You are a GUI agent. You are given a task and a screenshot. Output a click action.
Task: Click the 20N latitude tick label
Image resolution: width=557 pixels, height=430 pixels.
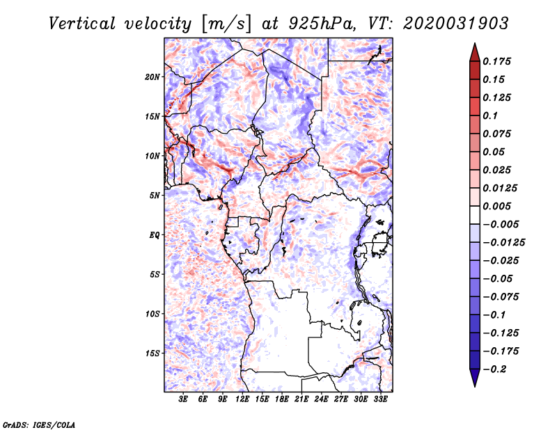coord(152,77)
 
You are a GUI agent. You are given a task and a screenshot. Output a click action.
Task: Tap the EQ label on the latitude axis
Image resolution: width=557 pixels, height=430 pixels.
coord(155,235)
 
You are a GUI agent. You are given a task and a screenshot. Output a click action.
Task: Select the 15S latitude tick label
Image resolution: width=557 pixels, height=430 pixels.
coord(152,353)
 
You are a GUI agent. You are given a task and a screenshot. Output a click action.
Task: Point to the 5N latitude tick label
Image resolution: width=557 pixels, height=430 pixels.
coord(155,196)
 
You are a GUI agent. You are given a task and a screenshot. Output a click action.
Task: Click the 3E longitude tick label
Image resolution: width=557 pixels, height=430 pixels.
coord(183,399)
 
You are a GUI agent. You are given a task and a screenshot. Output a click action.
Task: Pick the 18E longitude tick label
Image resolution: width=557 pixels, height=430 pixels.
coord(282,399)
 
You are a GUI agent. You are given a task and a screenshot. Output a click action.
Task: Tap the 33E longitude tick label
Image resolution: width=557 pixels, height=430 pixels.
coord(380,399)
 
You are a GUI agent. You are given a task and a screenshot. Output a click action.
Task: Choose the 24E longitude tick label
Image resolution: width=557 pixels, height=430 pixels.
coord(321,399)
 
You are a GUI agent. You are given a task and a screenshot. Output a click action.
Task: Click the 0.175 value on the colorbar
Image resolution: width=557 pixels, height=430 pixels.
coord(496,61)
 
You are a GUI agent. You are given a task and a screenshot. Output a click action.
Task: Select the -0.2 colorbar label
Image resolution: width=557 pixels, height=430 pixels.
coord(494,369)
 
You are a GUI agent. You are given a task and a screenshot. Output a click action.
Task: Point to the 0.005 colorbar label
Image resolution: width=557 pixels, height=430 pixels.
coord(496,206)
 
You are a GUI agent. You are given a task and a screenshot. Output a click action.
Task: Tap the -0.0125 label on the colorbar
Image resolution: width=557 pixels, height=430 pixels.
coord(503,243)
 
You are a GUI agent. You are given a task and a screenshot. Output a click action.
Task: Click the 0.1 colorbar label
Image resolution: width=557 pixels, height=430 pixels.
coord(490,116)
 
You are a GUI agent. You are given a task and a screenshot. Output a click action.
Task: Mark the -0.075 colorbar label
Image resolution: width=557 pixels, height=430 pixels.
coord(501,297)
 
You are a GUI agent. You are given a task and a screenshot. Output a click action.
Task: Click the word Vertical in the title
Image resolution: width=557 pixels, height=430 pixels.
coord(82,24)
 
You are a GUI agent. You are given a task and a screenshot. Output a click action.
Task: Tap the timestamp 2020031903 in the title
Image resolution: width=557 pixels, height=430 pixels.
coord(456,24)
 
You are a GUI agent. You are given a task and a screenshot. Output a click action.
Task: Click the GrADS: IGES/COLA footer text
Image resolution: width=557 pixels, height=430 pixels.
coord(39,424)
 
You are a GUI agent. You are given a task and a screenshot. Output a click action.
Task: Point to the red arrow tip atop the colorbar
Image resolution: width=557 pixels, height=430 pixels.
coord(475,44)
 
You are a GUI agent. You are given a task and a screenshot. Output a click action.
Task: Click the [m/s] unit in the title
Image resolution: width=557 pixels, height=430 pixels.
coord(226,24)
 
